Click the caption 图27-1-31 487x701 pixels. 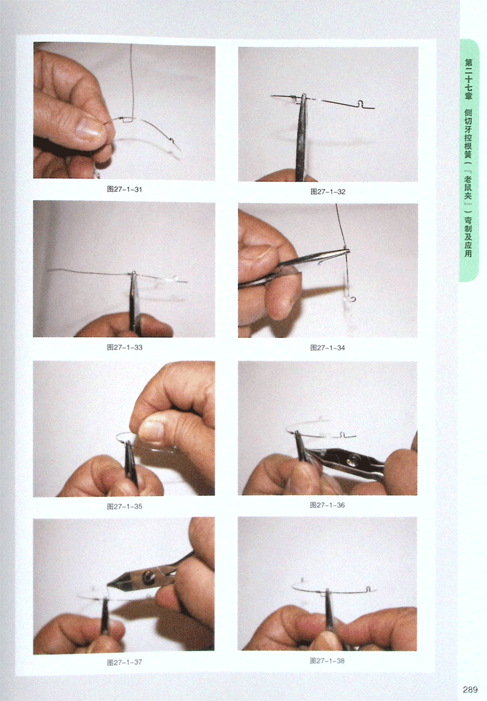click(124, 189)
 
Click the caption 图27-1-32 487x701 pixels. click(328, 192)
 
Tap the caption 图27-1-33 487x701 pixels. click(124, 347)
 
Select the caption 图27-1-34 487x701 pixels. click(327, 348)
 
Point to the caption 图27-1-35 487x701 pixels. click(124, 506)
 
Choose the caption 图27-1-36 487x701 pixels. click(327, 505)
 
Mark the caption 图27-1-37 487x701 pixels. click(124, 663)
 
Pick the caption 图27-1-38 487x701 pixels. click(327, 661)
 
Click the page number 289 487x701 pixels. click(470, 690)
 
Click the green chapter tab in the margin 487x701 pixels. click(469, 160)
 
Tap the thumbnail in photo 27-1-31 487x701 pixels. click(89, 129)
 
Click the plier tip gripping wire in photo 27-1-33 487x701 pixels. click(134, 275)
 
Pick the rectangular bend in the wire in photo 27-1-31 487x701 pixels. click(127, 119)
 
